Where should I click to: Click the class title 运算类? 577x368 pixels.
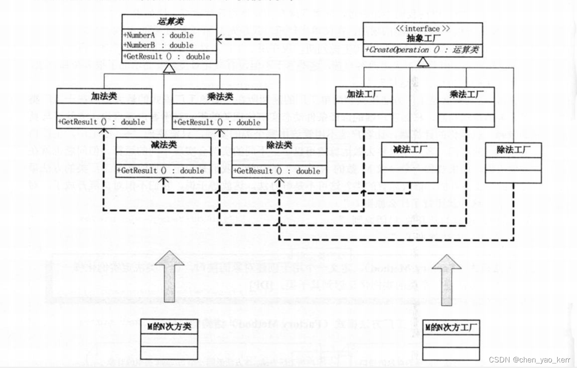[x=169, y=22]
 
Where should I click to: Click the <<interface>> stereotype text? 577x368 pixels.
[x=423, y=29]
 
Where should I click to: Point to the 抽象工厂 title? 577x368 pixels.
[x=423, y=38]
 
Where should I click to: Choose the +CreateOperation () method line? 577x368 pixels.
[x=423, y=50]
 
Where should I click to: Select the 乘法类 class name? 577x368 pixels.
[x=219, y=97]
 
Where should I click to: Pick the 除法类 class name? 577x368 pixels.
[x=279, y=145]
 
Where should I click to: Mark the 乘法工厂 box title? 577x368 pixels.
[x=466, y=94]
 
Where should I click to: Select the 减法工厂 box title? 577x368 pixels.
[x=410, y=150]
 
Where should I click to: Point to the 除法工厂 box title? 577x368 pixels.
[x=513, y=150]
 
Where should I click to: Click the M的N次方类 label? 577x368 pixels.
[x=169, y=327]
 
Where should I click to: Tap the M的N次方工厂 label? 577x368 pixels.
[x=451, y=328]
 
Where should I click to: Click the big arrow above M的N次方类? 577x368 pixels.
[x=169, y=278]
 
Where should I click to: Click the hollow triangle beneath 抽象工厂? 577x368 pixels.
[x=423, y=62]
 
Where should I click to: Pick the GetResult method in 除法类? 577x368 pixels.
[x=279, y=171]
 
